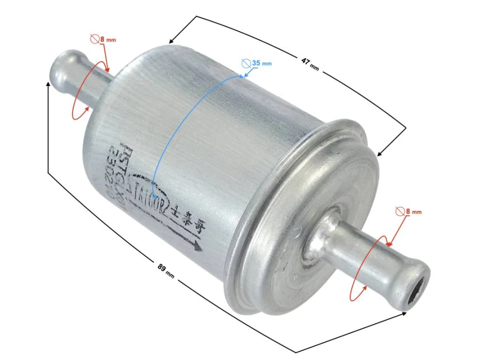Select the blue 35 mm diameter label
point(261,63)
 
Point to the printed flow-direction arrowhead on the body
point(198,246)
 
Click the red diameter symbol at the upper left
point(93,38)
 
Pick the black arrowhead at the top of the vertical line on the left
point(48,84)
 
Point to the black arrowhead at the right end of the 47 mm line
point(380,153)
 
